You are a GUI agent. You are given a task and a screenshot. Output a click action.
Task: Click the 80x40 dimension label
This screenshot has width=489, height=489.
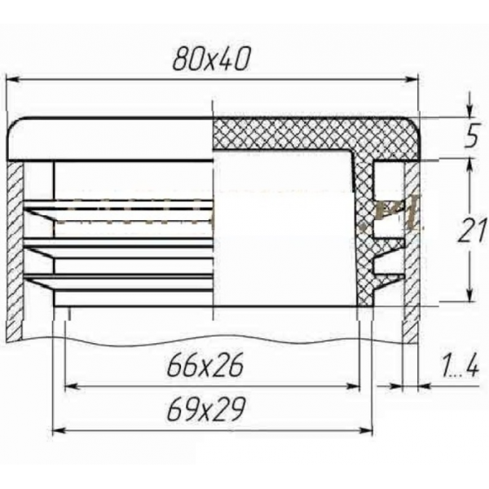coord(211,58)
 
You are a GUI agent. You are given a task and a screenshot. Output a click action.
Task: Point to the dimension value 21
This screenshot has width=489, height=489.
coord(467,232)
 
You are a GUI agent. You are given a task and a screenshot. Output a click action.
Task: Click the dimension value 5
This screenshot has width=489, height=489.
coord(470,138)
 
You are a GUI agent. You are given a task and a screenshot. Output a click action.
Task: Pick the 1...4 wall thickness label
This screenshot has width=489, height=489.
coord(462,368)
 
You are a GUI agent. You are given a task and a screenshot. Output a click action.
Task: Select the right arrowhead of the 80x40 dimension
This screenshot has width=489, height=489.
coord(412,79)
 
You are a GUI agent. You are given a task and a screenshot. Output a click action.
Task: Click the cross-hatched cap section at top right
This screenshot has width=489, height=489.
coord(310,134)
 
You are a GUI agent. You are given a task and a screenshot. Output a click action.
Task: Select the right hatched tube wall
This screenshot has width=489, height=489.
coord(412,253)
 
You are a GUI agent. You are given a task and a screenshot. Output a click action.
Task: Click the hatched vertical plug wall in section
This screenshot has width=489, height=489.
coord(364,236)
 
